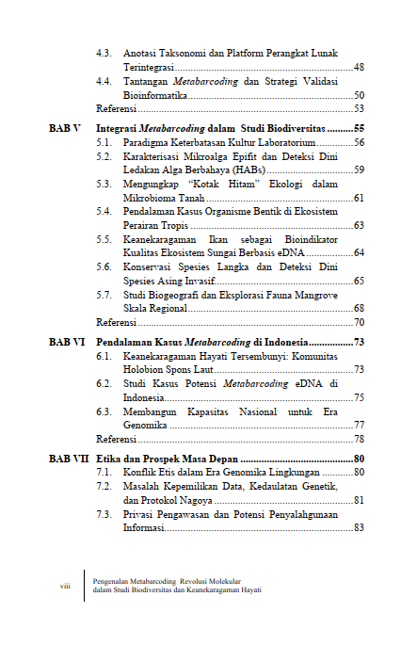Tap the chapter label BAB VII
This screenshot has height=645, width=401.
pos(69,458)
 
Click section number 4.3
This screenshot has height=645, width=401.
pos(104,54)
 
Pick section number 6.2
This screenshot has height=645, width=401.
pos(104,384)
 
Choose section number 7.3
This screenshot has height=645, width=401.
pos(104,514)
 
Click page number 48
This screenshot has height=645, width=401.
pos(359,68)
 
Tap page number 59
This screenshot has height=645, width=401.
pos(359,169)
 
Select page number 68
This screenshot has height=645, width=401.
pos(359,308)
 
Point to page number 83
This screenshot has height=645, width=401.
pos(359,528)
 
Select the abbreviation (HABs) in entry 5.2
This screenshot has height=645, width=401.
pos(245,169)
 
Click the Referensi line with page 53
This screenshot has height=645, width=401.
pos(117,109)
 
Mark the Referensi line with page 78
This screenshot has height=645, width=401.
pos(117,440)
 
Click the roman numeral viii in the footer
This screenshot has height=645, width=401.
pos(66,586)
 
